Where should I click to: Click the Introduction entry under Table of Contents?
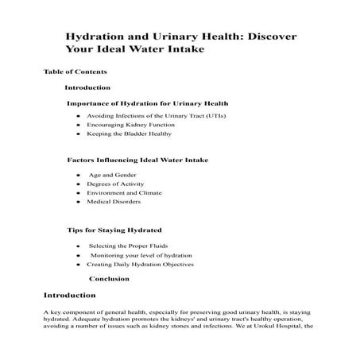87,87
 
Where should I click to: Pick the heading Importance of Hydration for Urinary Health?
148,103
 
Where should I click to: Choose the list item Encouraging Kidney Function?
124,126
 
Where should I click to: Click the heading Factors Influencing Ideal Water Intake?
138,161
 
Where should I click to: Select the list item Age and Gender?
112,175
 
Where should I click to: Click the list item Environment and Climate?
125,193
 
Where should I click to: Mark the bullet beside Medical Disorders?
77,203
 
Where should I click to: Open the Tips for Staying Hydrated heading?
114,229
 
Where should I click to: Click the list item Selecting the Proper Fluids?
127,246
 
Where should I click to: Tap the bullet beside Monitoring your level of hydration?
77,256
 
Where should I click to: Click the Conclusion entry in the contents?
109,279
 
